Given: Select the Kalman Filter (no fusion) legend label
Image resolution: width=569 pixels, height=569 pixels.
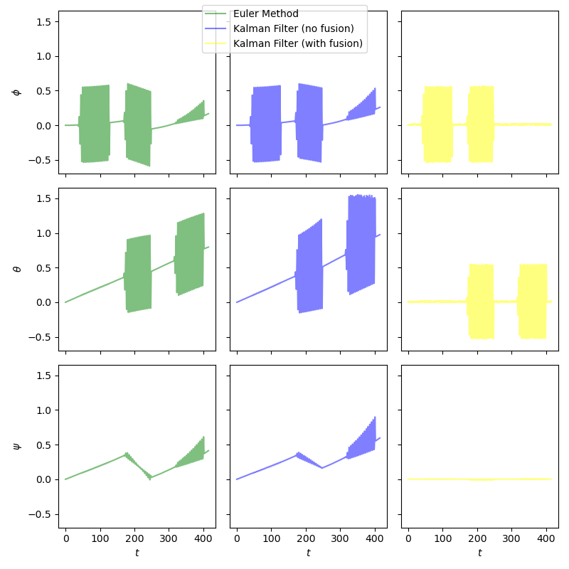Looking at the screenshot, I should point(293,28).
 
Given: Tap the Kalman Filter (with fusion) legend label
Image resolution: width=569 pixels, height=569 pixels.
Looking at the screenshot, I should point(298,43).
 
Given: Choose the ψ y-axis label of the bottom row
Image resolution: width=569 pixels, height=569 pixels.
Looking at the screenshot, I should point(16,446).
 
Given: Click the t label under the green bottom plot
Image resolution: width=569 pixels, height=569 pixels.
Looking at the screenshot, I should point(137,553).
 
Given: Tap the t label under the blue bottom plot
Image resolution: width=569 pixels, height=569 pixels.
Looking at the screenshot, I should point(308,553).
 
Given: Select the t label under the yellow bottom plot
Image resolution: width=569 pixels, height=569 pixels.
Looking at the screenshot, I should point(479,553).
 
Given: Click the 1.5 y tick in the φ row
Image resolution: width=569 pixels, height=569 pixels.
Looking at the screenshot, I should point(43,22).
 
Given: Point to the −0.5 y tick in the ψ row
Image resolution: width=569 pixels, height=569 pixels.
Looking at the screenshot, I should point(40,514).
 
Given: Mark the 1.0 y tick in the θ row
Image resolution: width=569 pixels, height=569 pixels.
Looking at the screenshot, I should point(43,233).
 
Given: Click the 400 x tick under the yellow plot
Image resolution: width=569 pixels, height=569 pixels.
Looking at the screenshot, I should point(546,538).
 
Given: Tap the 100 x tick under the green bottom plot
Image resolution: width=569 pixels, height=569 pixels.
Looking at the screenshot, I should point(100,538).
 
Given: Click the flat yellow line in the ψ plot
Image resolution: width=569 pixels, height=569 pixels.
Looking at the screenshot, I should point(479,479).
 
